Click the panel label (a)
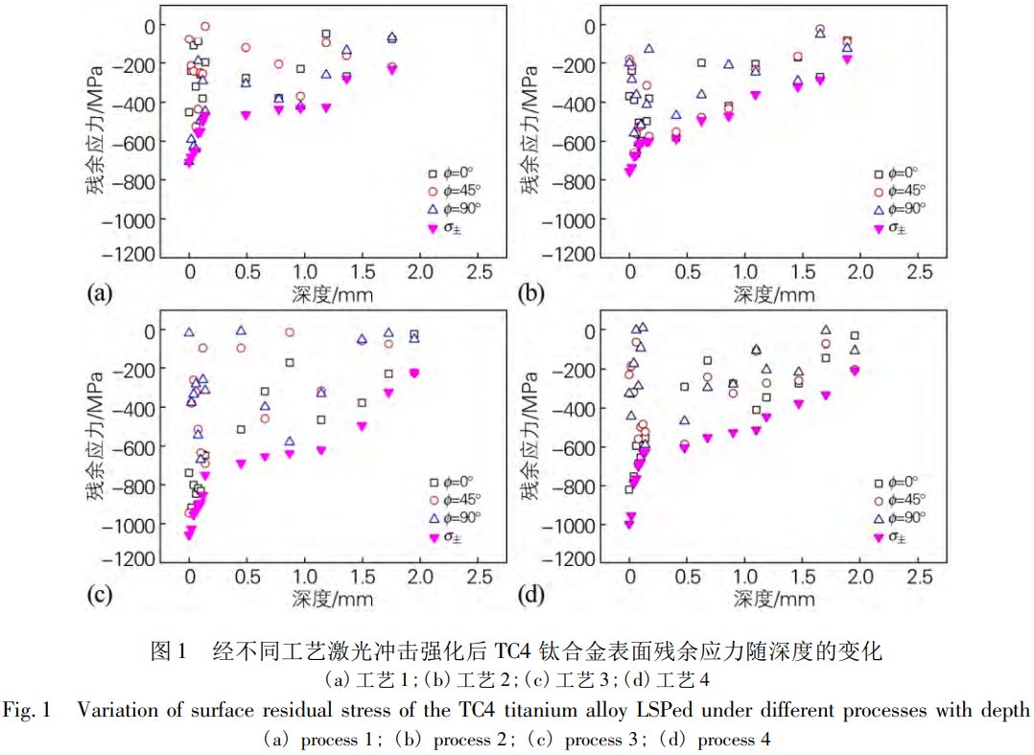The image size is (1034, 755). (x=98, y=294)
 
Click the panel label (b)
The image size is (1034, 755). (x=531, y=294)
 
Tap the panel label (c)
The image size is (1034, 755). (x=98, y=596)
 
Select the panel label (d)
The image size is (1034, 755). (x=531, y=596)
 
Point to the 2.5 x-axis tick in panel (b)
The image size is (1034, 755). (x=918, y=271)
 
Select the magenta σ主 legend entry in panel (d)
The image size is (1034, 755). (x=891, y=537)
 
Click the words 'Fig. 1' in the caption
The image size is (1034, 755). (x=25, y=711)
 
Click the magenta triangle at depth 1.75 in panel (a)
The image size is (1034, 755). (x=391, y=69)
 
